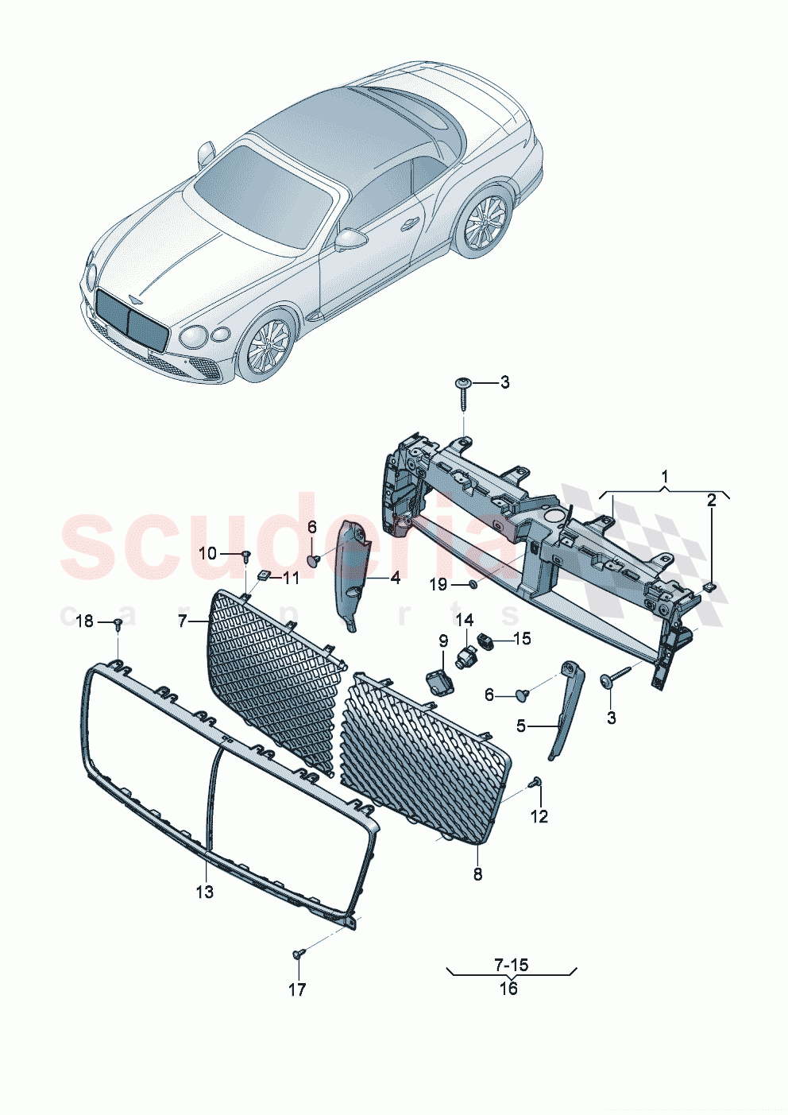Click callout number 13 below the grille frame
point(204,892)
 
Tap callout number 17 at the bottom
point(296,989)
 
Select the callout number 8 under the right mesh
point(477,874)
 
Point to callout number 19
point(438,585)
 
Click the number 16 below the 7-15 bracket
point(508,988)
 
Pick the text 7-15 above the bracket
point(511,965)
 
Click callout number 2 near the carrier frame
point(712,500)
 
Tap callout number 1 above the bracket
point(664,477)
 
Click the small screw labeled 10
point(246,554)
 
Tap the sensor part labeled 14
point(464,656)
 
